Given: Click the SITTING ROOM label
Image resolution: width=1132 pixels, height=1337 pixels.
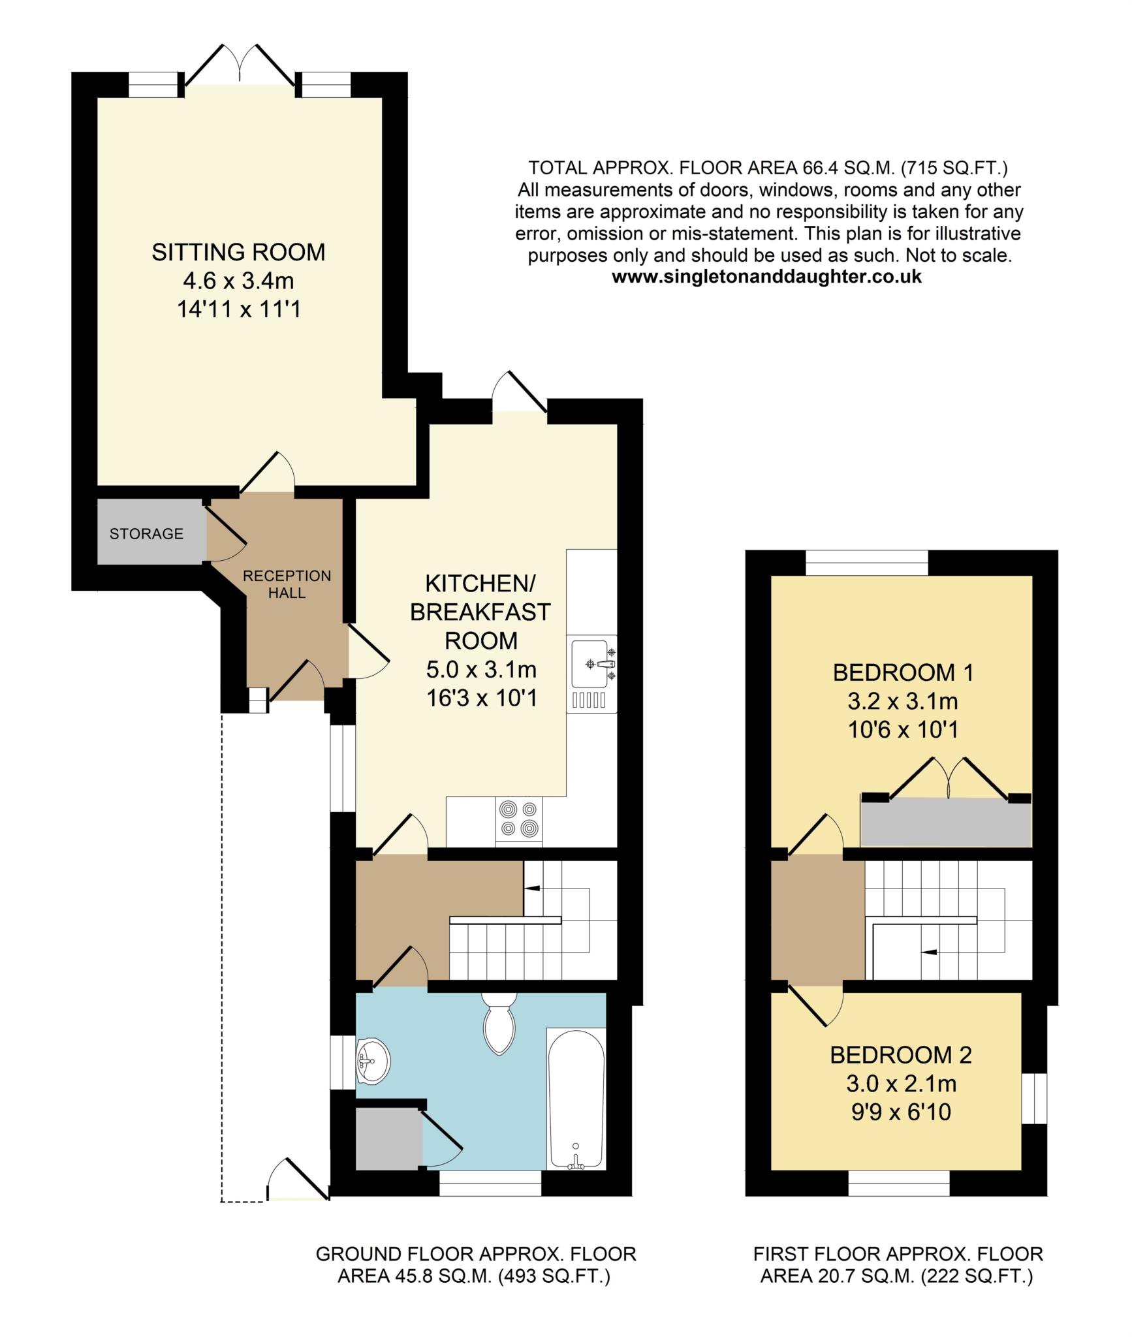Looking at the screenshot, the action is tap(238, 252).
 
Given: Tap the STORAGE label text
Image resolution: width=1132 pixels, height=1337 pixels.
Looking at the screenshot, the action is tap(146, 534).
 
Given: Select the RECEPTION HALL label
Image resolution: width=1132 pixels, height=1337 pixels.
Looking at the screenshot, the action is tap(287, 584).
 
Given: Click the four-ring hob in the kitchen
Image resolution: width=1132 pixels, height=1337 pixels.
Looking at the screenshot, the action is tap(519, 819).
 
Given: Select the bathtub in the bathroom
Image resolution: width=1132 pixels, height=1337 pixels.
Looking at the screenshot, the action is tap(576, 1098).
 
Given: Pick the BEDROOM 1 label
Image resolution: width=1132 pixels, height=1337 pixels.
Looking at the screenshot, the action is tap(903, 672).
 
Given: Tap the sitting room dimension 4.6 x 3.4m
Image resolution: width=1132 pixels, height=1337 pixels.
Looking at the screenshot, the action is tap(238, 281).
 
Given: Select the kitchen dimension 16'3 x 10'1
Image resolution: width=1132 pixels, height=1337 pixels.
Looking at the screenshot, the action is tap(482, 699).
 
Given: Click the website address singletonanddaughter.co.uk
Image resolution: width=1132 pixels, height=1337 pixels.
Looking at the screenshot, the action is tap(766, 277).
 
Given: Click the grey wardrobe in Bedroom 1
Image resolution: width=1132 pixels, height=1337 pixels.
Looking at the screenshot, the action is tap(946, 821).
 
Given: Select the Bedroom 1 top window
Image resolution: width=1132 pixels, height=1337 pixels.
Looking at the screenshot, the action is tap(866, 563).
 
